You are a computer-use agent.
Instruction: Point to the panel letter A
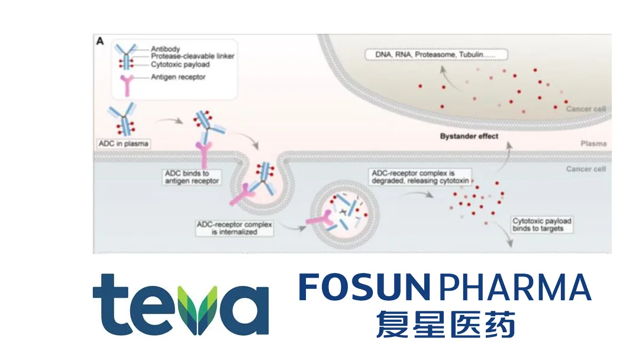pos(101,41)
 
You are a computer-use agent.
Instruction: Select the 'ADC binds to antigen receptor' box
pos(190,176)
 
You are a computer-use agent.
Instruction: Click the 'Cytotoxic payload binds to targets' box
pos(541,224)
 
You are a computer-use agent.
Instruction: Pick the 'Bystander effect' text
pos(469,136)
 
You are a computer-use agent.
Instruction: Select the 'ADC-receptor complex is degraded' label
pos(417,178)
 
